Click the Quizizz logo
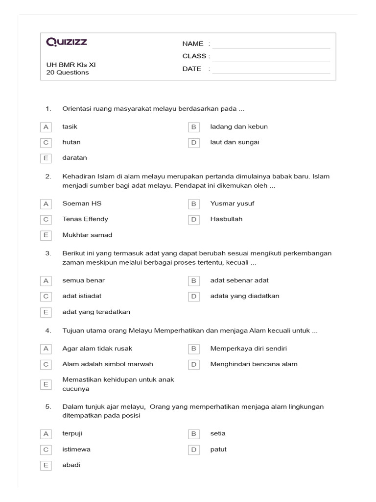[x=67, y=42]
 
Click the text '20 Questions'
[x=68, y=73]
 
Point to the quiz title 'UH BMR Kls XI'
[x=74, y=64]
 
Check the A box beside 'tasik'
[x=46, y=127]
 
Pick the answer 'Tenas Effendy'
[x=85, y=219]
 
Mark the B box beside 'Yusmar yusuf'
[x=193, y=203]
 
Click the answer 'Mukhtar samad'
[x=87, y=235]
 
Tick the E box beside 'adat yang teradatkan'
[x=46, y=312]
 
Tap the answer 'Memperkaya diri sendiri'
[x=248, y=349]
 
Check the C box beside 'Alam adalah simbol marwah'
[x=46, y=364]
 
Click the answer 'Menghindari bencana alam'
[x=254, y=364]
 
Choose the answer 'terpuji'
[x=73, y=434]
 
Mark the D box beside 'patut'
[x=193, y=450]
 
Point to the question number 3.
[x=48, y=253]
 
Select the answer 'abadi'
[x=71, y=465]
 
